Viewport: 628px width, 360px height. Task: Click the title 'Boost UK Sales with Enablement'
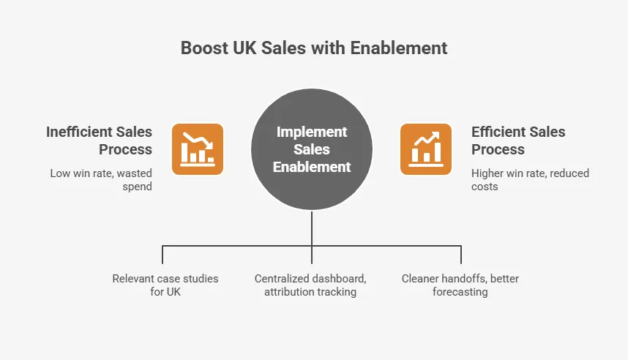point(314,48)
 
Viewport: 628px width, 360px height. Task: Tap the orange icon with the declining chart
point(198,149)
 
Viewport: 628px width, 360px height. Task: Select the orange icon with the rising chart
point(425,149)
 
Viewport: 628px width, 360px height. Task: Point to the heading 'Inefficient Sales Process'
point(99,140)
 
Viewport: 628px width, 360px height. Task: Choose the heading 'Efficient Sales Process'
point(518,140)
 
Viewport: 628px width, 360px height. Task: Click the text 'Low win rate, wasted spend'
point(101,180)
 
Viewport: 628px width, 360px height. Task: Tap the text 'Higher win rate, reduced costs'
point(530,180)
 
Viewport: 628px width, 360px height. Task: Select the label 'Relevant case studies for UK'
point(165,285)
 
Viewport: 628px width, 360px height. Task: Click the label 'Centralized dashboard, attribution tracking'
point(310,285)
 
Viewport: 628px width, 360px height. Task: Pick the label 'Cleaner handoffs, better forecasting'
point(460,285)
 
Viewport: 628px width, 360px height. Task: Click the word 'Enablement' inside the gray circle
point(312,167)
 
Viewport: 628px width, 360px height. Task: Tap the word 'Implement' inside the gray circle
point(312,132)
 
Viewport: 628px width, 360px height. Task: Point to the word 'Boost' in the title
point(203,48)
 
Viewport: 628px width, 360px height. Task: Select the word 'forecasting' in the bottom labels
point(460,292)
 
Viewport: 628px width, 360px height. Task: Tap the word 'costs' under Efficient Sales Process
point(485,187)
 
